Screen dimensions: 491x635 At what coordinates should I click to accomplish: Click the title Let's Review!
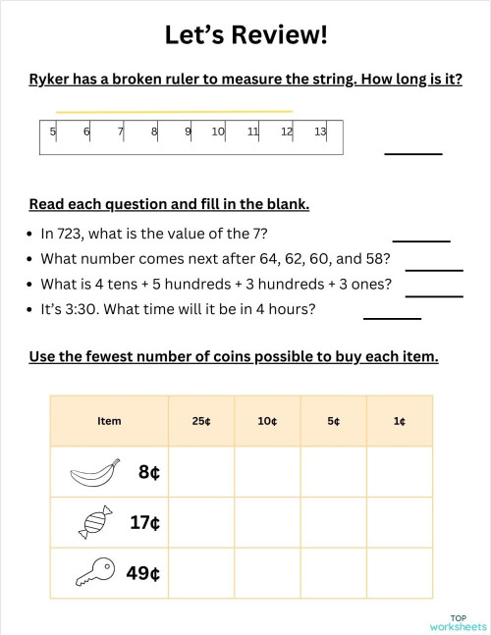[245, 35]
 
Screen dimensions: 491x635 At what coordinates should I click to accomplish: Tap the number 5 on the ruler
[52, 132]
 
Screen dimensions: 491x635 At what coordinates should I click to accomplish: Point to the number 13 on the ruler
[320, 132]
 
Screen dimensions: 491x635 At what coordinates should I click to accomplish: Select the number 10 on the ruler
[218, 132]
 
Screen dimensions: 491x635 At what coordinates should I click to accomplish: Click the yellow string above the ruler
[174, 112]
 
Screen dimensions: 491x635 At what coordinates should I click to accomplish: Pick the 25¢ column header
[201, 421]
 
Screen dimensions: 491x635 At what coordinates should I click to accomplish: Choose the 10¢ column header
[267, 421]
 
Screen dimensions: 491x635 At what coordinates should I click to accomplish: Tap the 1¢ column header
[400, 421]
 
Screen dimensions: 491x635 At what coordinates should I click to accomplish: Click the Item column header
[109, 421]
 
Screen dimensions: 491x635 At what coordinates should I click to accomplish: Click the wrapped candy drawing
[95, 523]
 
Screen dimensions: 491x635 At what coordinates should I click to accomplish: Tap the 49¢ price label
[143, 573]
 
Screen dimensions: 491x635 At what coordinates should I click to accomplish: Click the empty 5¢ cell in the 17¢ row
[333, 523]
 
